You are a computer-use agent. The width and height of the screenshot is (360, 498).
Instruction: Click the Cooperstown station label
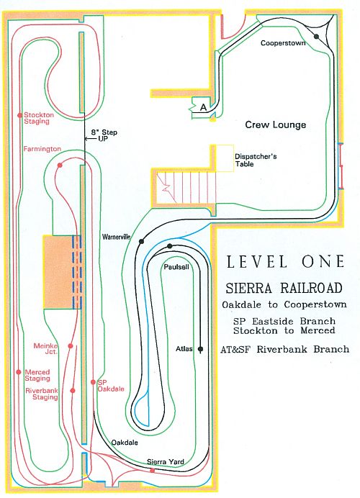coord(283,43)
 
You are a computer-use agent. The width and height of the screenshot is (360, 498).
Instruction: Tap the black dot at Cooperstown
coord(316,37)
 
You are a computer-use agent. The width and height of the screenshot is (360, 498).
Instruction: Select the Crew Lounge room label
coord(276,124)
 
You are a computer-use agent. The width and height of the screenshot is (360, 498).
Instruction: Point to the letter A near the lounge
coord(203,107)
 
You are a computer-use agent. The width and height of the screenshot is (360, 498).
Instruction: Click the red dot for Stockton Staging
coord(20,115)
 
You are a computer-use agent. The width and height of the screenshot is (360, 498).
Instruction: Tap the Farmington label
coord(42,149)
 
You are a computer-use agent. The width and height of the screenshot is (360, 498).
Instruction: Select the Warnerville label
coord(117,237)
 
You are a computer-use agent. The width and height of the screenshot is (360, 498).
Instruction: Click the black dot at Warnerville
coord(141,242)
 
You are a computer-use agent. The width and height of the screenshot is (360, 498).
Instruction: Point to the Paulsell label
coord(176,267)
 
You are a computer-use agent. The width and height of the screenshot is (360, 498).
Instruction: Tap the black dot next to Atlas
coord(200,349)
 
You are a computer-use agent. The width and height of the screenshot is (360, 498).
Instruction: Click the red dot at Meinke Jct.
coord(71,346)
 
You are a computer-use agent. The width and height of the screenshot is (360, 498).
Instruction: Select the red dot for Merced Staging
coord(19,372)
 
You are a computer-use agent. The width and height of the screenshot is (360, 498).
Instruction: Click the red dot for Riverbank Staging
coord(73,390)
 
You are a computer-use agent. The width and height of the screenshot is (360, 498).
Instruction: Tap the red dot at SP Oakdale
coord(93,382)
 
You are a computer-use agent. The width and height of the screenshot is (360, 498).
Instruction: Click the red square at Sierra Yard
coord(153,471)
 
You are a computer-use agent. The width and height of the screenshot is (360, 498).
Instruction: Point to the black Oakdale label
coord(125,442)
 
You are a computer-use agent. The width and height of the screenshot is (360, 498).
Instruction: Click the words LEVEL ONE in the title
coord(285,262)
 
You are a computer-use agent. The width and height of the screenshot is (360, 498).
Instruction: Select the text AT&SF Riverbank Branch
coord(285,349)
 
